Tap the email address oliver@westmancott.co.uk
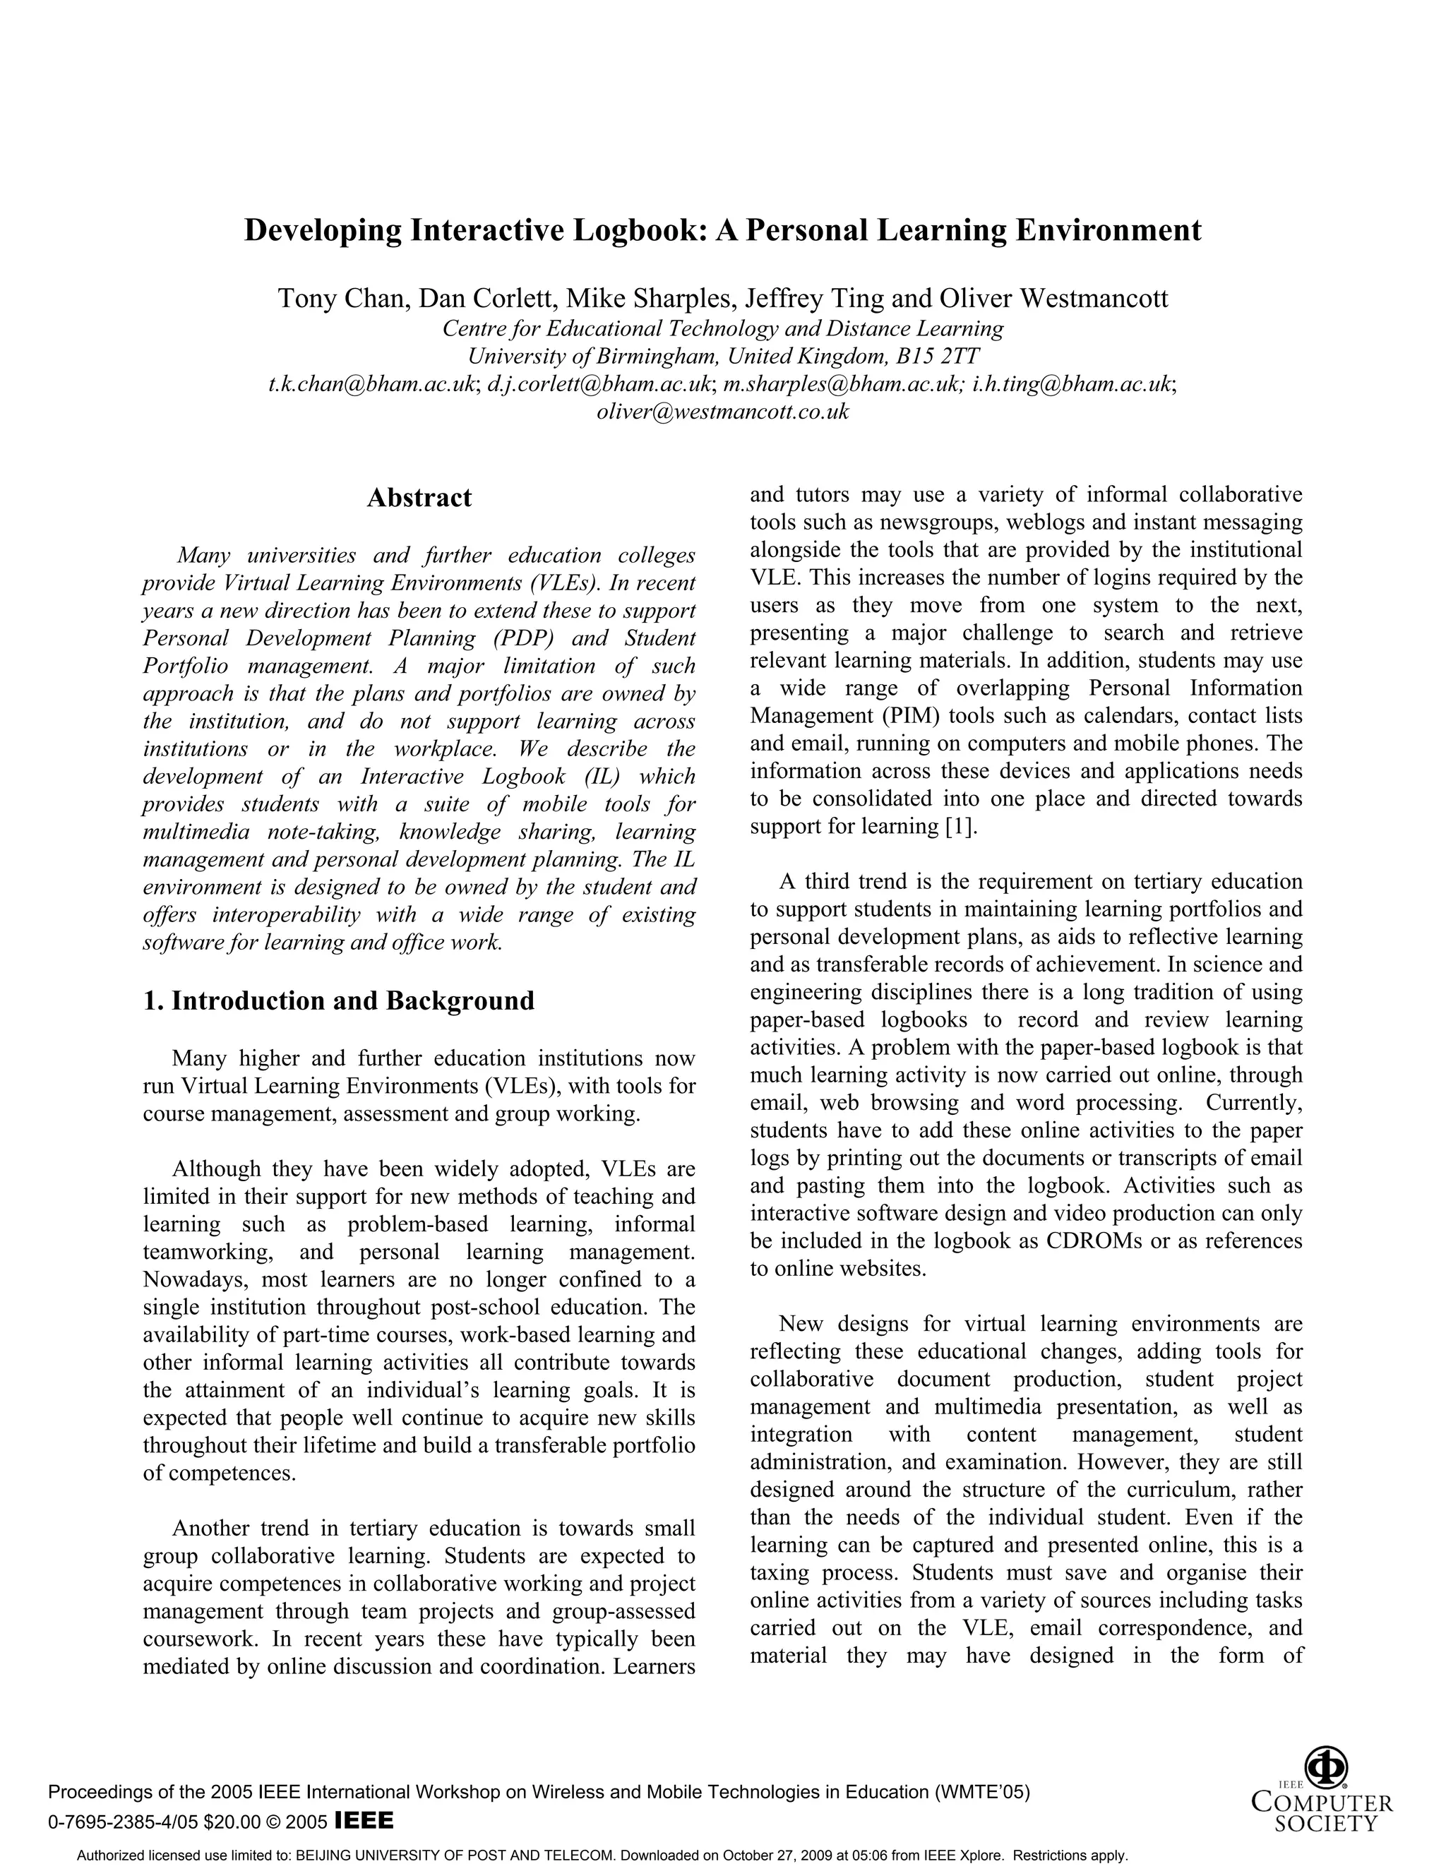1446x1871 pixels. tap(722, 412)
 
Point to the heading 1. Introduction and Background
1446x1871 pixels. tap(338, 1000)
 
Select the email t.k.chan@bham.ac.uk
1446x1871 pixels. tap(373, 385)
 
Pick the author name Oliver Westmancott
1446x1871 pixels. tap(1053, 299)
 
